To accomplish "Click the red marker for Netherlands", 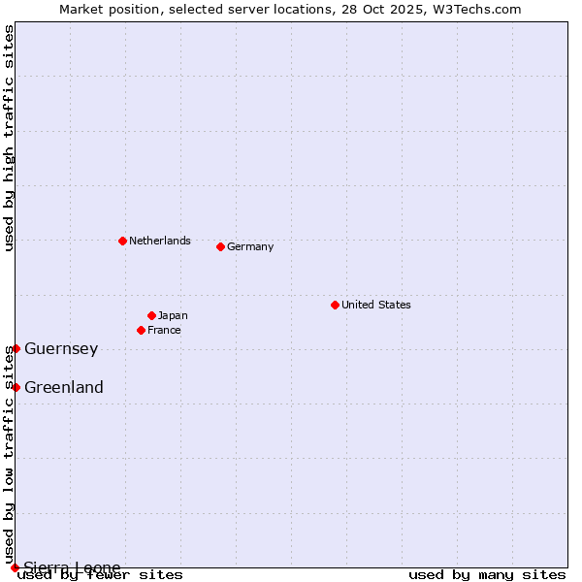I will point(122,241).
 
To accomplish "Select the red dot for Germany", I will point(220,246).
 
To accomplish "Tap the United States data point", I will point(335,305).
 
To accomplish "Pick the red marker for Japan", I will point(151,315).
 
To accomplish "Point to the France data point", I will point(141,330).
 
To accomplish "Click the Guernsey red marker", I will point(16,348).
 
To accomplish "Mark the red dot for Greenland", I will point(16,387).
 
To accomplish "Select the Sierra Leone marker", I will point(15,567).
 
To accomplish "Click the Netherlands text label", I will point(160,241).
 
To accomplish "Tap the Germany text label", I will point(250,246).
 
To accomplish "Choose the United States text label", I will point(376,305).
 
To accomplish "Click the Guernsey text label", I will point(61,348).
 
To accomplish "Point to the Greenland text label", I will point(64,387).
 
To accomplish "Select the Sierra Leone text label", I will point(73,567).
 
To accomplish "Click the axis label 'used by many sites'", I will point(487,575).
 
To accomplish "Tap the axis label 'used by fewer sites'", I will point(101,575).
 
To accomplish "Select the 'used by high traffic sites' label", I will point(9,138).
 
